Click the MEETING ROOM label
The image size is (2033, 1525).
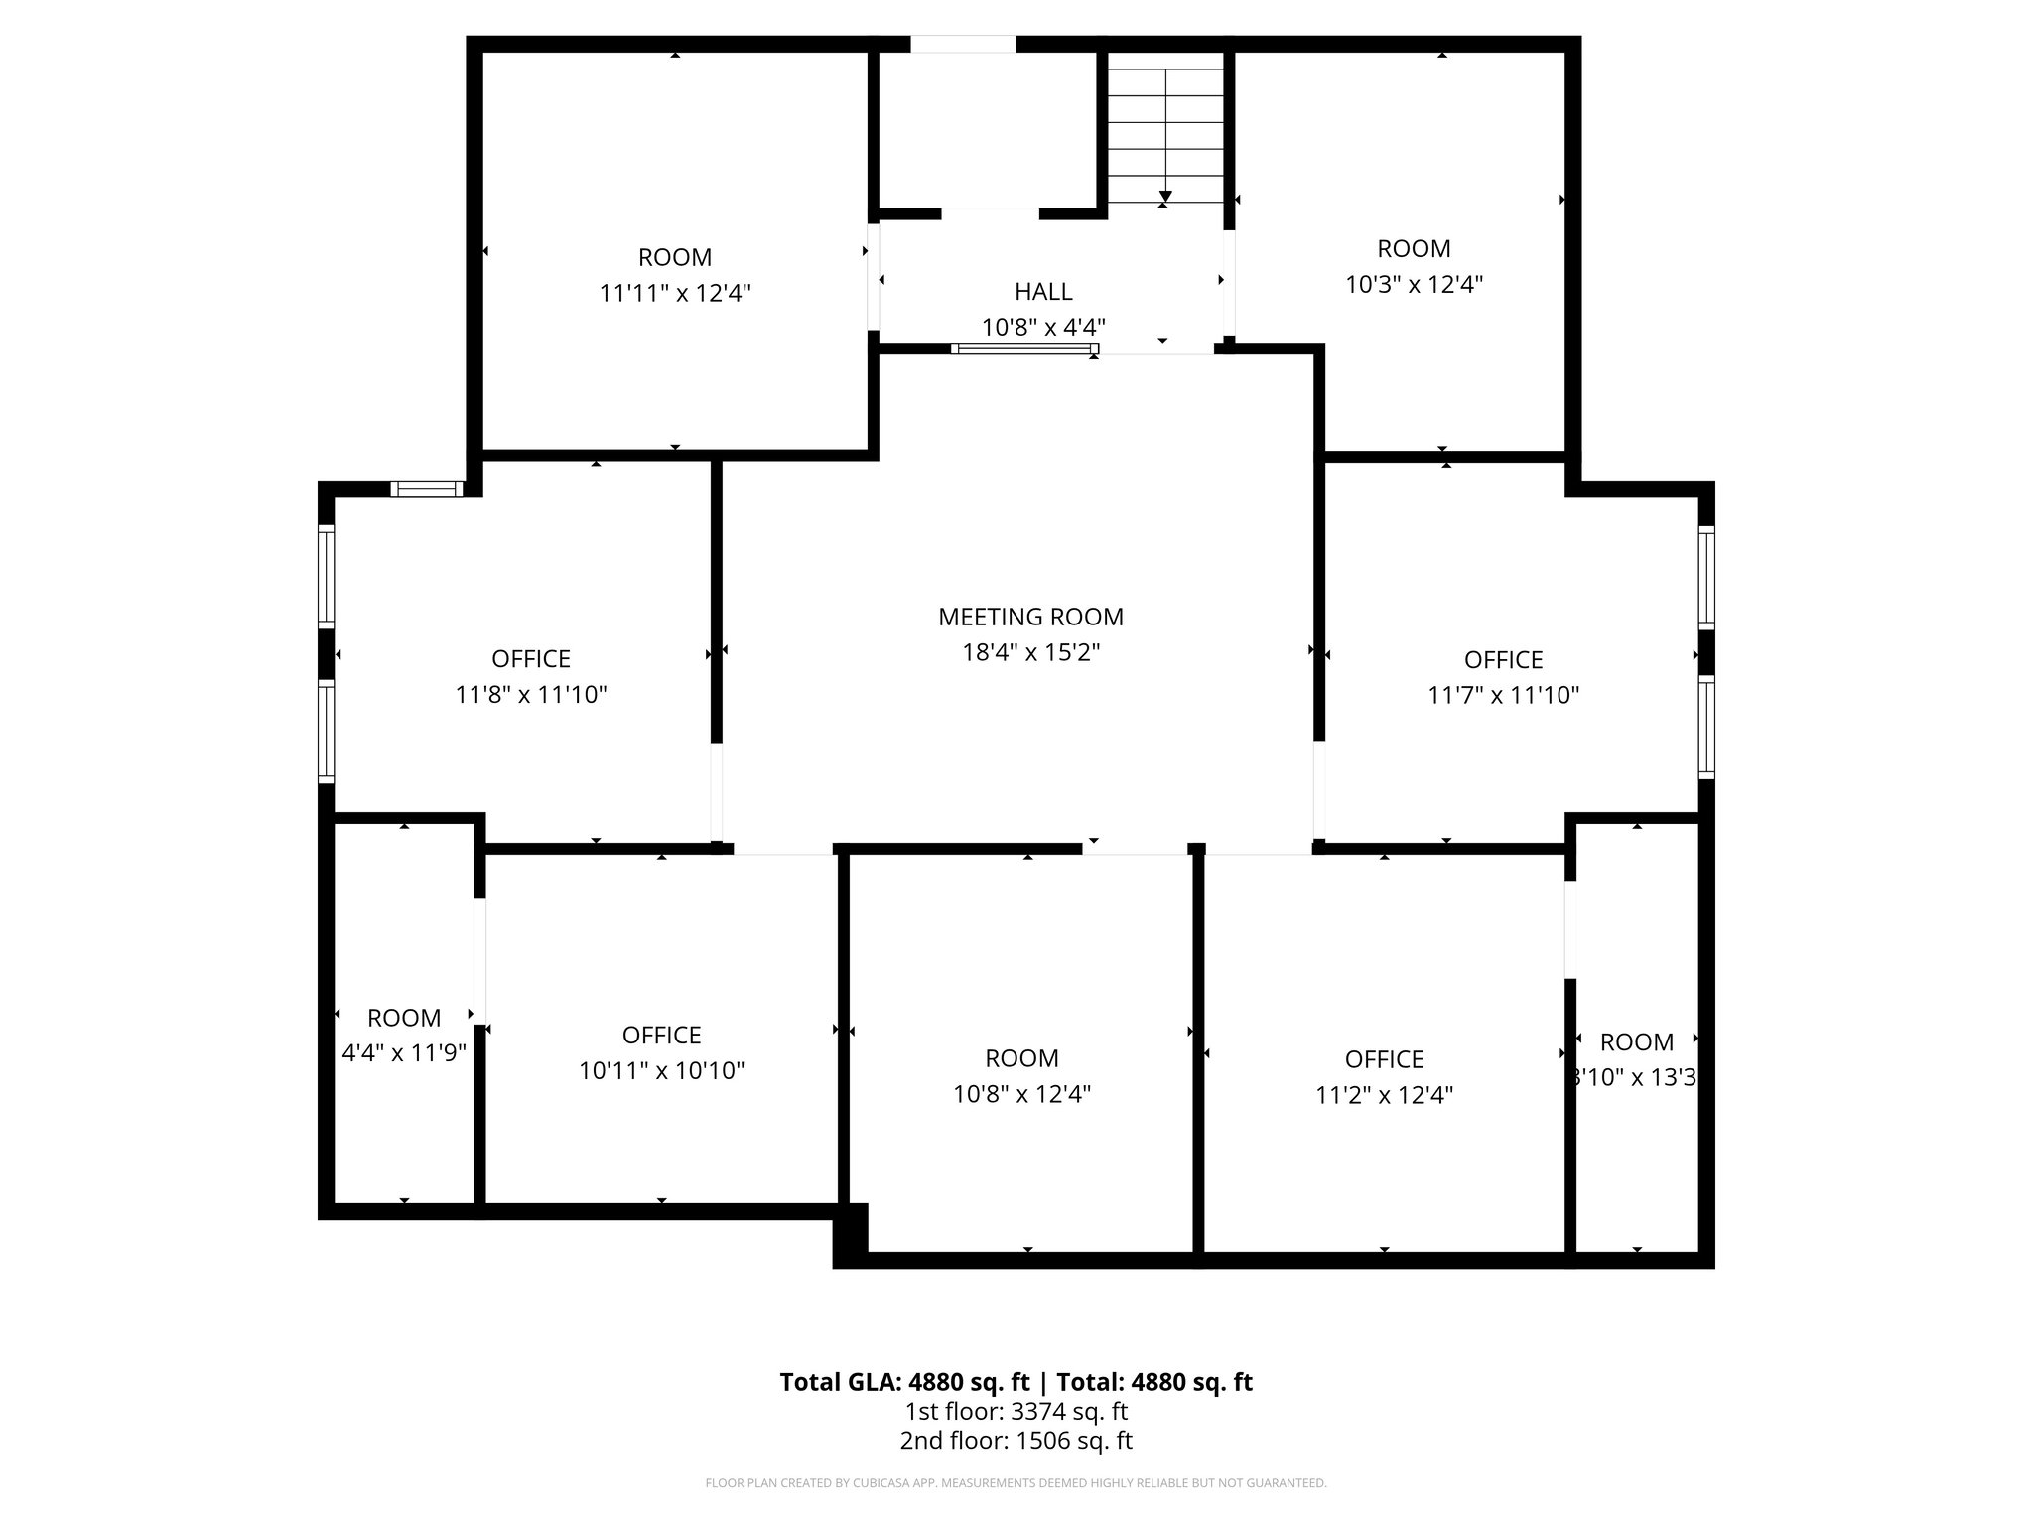pyautogui.click(x=1030, y=617)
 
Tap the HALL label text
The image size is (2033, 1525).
pyautogui.click(x=1043, y=291)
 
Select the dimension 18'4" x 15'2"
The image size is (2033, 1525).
pyautogui.click(x=1030, y=652)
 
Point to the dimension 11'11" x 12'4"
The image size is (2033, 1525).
pyautogui.click(x=675, y=293)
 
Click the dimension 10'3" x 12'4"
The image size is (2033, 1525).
pyautogui.click(x=1414, y=285)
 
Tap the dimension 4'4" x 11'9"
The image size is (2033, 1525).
pyautogui.click(x=404, y=1052)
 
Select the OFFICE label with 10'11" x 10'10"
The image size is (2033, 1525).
pyautogui.click(x=661, y=1035)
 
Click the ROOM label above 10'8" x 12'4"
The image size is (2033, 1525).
pyautogui.click(x=1021, y=1057)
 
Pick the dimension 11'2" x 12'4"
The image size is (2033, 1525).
pyautogui.click(x=1384, y=1095)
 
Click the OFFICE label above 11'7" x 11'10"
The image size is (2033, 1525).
pyautogui.click(x=1503, y=659)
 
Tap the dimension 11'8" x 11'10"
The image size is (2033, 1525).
pyautogui.click(x=531, y=694)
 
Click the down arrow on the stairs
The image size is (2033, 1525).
pyautogui.click(x=1165, y=196)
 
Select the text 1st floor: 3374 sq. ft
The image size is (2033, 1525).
pyautogui.click(x=1016, y=1411)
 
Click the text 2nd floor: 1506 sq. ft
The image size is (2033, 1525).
pyautogui.click(x=1016, y=1441)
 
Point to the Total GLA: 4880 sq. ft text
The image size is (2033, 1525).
pyautogui.click(x=905, y=1382)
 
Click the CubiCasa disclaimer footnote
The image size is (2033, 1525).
pyautogui.click(x=1016, y=1483)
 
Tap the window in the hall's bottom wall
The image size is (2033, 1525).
pyautogui.click(x=1024, y=348)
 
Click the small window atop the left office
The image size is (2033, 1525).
pyautogui.click(x=426, y=488)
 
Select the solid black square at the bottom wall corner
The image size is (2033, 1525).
pyautogui.click(x=850, y=1235)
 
